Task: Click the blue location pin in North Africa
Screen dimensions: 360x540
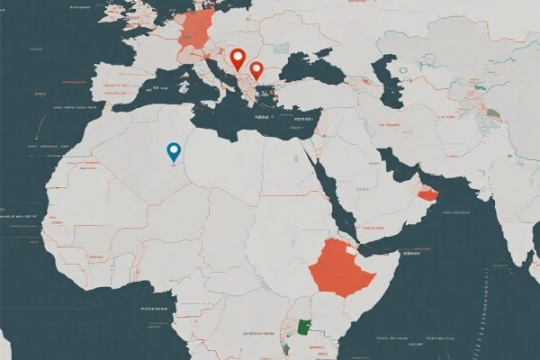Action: point(174,152)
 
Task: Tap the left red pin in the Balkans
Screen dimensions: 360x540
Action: point(238,58)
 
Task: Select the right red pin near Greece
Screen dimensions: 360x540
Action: point(256,69)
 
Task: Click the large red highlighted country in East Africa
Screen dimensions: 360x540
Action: point(341,261)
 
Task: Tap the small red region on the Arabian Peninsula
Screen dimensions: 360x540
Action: point(427,192)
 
